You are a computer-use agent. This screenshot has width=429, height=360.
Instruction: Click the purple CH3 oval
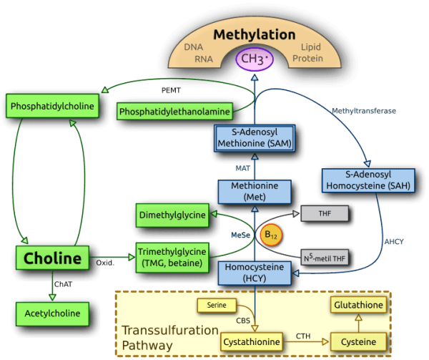[255, 59]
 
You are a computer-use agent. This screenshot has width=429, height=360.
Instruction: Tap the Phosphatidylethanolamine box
[174, 111]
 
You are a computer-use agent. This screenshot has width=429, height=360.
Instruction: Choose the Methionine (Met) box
[255, 191]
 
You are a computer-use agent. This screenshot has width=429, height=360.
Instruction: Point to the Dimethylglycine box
[172, 214]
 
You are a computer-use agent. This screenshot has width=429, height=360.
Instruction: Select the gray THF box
[324, 213]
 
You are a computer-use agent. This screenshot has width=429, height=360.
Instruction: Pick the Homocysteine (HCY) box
[255, 273]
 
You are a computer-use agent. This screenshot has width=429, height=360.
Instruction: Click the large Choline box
[54, 258]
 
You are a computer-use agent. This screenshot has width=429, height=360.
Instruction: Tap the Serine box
[217, 306]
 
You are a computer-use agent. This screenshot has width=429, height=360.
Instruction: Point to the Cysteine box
[358, 341]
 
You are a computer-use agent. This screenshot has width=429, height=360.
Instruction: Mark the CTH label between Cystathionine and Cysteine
[303, 334]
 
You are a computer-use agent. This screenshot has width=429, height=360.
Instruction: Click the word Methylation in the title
[255, 35]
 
